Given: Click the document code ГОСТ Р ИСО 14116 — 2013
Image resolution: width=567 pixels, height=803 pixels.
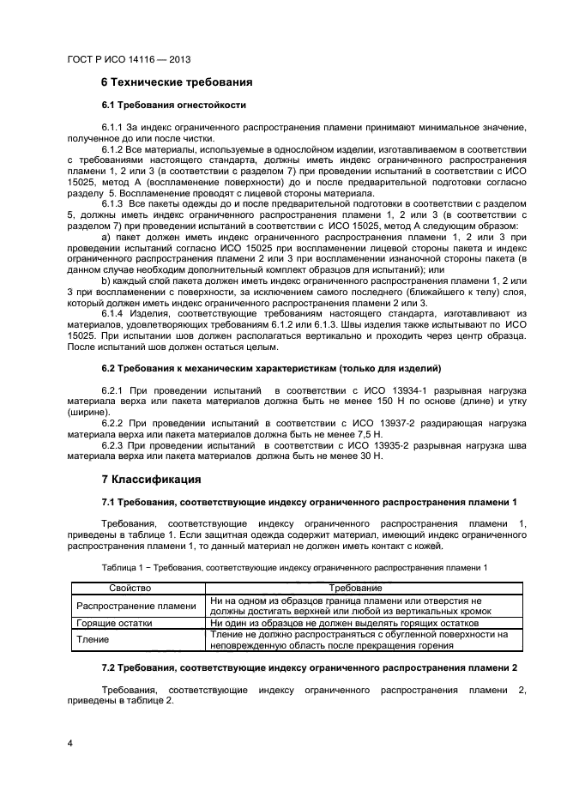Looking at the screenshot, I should coord(128,60).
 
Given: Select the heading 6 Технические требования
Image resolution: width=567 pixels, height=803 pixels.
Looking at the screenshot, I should coord(177,83).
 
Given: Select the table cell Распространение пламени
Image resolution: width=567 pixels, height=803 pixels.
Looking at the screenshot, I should coord(136,605).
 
